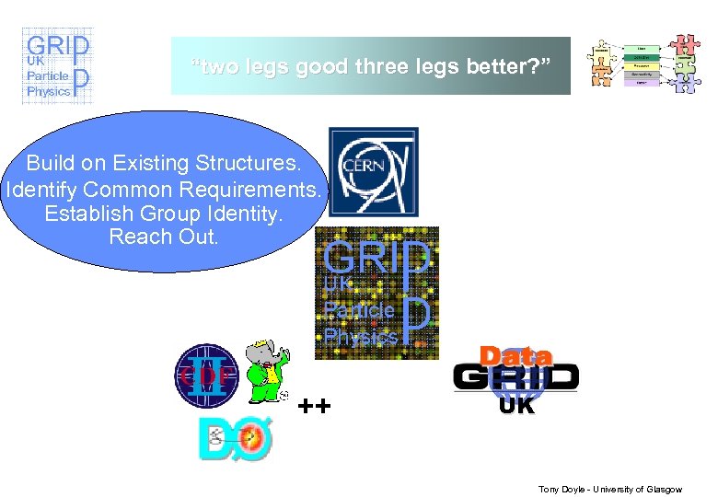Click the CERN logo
373,173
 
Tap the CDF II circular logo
206,375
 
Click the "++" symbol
315,406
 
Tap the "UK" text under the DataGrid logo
516,405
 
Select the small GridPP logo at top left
56,65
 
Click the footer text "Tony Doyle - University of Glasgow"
609,489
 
